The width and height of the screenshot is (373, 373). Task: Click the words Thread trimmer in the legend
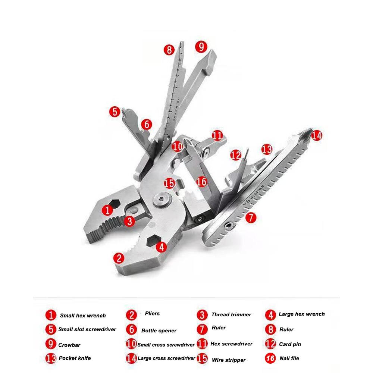tap(231, 314)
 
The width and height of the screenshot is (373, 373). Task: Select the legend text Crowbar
tap(69, 345)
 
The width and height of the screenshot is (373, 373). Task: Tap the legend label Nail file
tap(289, 358)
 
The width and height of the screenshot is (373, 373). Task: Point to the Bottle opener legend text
tap(159, 330)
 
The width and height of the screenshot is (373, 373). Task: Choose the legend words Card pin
tap(290, 344)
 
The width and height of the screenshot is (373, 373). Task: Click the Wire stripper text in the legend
tap(229, 360)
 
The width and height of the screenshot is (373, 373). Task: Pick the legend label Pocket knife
tap(75, 358)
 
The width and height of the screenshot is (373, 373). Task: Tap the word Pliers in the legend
tap(152, 313)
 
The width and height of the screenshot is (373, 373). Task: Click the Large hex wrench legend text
tap(302, 314)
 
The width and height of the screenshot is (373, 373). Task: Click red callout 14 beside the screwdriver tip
tap(316, 135)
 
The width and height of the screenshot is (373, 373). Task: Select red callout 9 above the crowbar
tap(200, 47)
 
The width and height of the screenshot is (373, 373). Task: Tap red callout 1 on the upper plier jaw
tap(107, 210)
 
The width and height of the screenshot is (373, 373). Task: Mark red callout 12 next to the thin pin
tap(235, 155)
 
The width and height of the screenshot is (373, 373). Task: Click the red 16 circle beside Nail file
tap(271, 358)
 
